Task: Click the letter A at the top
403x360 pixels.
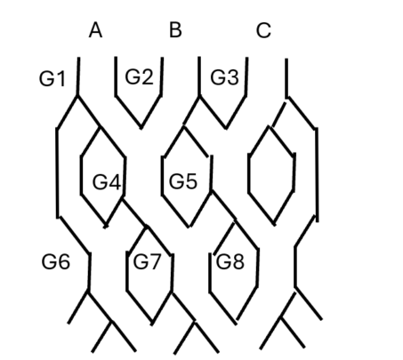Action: point(95,30)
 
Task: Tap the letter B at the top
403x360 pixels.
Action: point(175,30)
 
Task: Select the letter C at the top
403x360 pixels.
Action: point(263,30)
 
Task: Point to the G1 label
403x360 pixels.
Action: point(52,79)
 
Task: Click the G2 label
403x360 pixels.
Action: point(139,76)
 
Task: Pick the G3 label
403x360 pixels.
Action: point(224,77)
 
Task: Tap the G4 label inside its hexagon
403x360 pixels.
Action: point(107,182)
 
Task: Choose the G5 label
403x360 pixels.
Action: point(183,180)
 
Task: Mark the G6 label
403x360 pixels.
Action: point(56,261)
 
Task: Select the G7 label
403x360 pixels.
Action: point(147,261)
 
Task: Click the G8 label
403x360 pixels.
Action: point(230,261)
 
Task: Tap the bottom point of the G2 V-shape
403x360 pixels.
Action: point(141,128)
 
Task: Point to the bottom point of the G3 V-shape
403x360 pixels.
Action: point(226,128)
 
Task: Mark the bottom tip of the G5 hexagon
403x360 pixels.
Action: point(189,227)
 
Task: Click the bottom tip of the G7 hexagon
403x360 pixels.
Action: point(152,324)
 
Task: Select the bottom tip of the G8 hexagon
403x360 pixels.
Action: point(236,323)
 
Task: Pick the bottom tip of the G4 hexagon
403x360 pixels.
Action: point(106,227)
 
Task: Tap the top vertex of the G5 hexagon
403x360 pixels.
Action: point(184,126)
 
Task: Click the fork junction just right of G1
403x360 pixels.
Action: point(77,96)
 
